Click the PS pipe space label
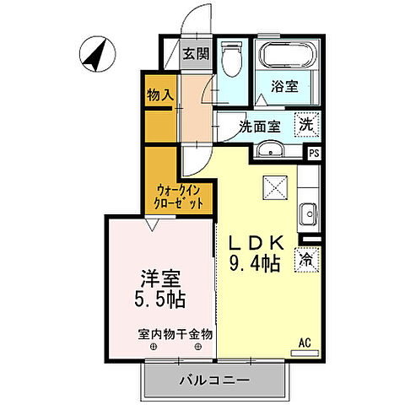coord(313,153)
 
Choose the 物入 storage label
coord(159,94)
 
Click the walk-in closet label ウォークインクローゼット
coord(179,197)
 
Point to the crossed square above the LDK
coord(275,185)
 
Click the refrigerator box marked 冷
coord(305,260)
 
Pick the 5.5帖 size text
coord(159,299)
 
